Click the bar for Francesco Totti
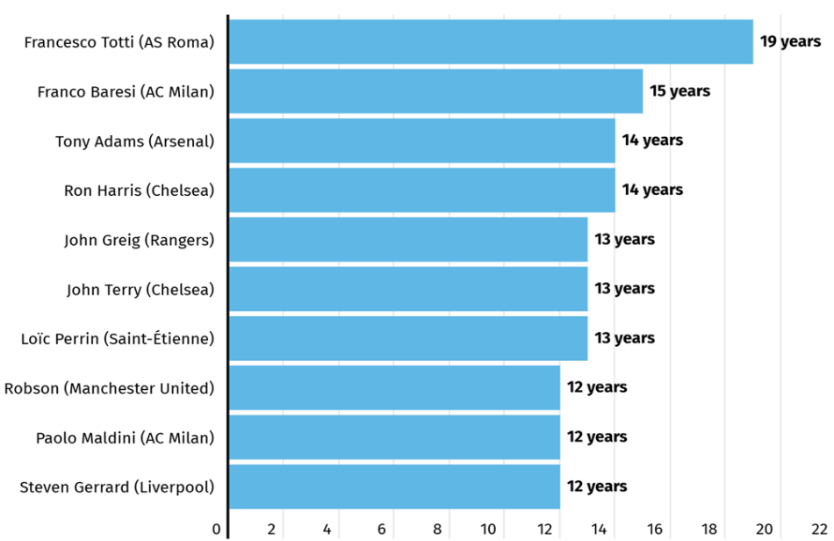point(491,42)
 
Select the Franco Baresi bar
point(436,91)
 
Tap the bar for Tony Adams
point(422,141)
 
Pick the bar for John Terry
point(408,289)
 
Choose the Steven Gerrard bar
point(395,487)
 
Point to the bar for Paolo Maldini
point(395,437)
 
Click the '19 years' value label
point(790,41)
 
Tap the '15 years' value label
point(679,91)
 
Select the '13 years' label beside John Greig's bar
point(624,240)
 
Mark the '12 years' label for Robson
point(597,387)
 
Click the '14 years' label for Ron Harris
point(652,190)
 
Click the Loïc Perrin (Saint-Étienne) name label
point(118,339)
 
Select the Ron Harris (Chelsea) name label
point(140,191)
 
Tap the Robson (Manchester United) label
point(110,388)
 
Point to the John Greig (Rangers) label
point(140,240)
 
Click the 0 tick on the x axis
point(216,530)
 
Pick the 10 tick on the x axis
point(488,530)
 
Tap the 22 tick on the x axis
point(820,530)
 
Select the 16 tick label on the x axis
point(654,530)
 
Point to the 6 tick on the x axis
point(381,530)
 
